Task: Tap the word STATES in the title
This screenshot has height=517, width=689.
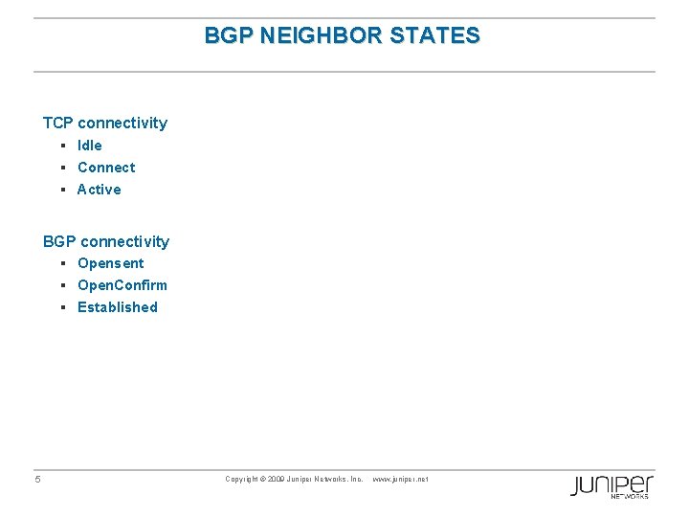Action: pyautogui.click(x=442, y=36)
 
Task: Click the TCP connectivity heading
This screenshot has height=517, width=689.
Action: pyautogui.click(x=105, y=123)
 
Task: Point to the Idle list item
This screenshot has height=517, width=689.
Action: pyautogui.click(x=90, y=146)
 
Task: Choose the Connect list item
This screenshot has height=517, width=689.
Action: pyautogui.click(x=106, y=168)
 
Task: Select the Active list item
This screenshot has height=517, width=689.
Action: pyautogui.click(x=100, y=190)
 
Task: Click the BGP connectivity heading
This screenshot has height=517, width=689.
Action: pyautogui.click(x=106, y=241)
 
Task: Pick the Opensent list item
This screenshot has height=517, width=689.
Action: pyautogui.click(x=111, y=263)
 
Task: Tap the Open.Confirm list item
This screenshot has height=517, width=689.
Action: pyautogui.click(x=122, y=285)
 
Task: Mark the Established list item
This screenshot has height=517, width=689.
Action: pyautogui.click(x=118, y=307)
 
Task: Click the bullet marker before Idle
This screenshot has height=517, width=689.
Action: pyautogui.click(x=61, y=146)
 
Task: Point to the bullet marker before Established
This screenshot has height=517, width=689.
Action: pyautogui.click(x=61, y=307)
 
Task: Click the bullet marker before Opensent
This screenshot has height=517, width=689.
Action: pyautogui.click(x=61, y=263)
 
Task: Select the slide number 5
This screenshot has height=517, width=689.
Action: pyautogui.click(x=37, y=480)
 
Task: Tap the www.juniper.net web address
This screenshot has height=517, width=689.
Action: pyautogui.click(x=400, y=479)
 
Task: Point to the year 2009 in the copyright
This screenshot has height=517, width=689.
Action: pyautogui.click(x=277, y=479)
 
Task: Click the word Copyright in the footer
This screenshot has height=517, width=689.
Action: pyautogui.click(x=242, y=479)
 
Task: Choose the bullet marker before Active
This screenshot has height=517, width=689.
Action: pyautogui.click(x=61, y=190)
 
